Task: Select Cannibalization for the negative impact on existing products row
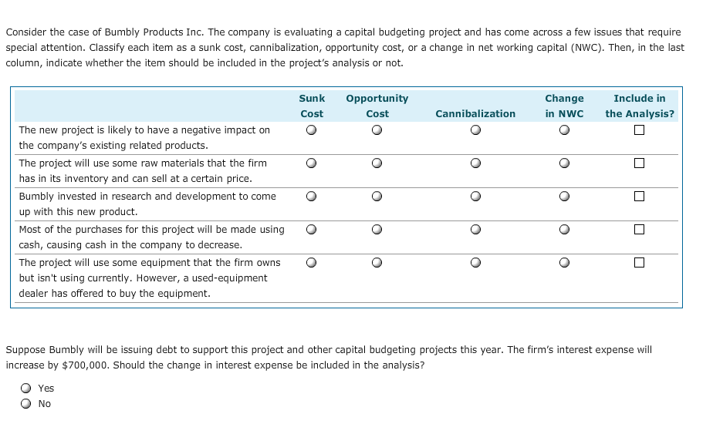475,130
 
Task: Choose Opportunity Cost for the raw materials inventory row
377,163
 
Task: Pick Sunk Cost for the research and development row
311,197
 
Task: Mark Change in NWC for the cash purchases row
564,230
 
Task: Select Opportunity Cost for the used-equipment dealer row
377,263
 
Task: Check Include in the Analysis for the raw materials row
639,163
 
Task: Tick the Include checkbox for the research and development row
639,197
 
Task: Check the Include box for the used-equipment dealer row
639,263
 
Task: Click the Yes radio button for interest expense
26,389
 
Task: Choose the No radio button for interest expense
26,404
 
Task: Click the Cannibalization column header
475,114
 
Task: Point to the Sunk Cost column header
312,106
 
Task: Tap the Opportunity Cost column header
377,106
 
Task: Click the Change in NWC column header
564,106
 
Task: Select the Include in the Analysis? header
640,106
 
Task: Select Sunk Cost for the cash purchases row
311,230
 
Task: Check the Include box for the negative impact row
639,130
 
